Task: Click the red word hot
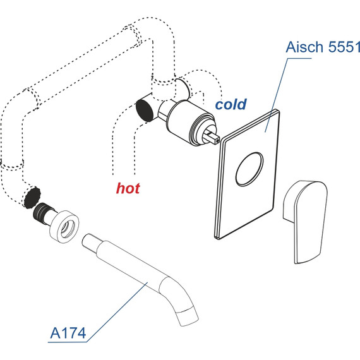(128, 188)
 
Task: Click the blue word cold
(231, 104)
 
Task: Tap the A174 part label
(68, 333)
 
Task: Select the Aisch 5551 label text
(323, 47)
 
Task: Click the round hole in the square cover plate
(249, 169)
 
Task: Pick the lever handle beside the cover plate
(305, 222)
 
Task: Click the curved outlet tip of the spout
(186, 317)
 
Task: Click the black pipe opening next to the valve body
(145, 109)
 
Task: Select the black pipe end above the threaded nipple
(32, 198)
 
